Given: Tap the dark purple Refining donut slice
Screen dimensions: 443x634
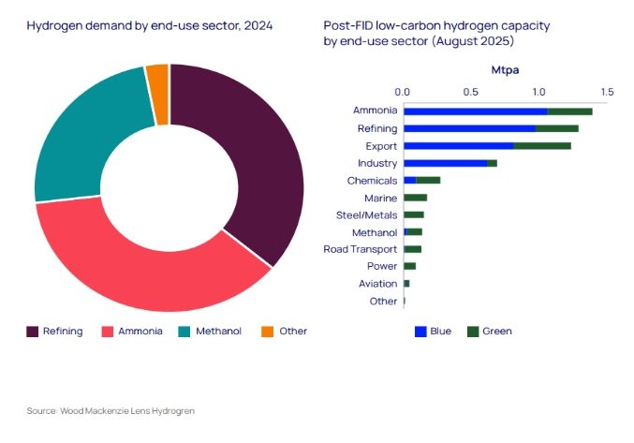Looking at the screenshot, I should pyautogui.click(x=253, y=159).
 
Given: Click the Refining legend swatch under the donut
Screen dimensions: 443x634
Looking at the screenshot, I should pyautogui.click(x=32, y=331).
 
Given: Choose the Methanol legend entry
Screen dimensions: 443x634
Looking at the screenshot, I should pyautogui.click(x=217, y=331).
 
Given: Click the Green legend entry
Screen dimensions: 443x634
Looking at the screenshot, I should pyautogui.click(x=496, y=331).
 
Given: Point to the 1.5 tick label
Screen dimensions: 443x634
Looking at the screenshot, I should pyautogui.click(x=607, y=92).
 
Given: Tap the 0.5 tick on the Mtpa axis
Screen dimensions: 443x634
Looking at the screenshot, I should pyautogui.click(x=471, y=92).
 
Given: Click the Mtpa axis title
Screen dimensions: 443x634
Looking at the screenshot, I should pyautogui.click(x=506, y=70).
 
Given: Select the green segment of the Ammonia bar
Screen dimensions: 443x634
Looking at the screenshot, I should pyautogui.click(x=569, y=111).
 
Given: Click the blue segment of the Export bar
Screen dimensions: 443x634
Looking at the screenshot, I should pyautogui.click(x=458, y=146).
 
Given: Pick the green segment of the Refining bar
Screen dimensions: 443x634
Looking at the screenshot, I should pyautogui.click(x=556, y=128).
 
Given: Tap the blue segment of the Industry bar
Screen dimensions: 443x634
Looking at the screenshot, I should pyautogui.click(x=445, y=163).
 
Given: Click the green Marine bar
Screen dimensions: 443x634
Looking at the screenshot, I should pyautogui.click(x=415, y=198).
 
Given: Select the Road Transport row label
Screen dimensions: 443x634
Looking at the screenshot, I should pyautogui.click(x=361, y=249).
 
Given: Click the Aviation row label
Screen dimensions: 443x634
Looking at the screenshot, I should pyautogui.click(x=377, y=283).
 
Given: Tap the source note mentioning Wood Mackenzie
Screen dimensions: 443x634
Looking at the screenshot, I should pyautogui.click(x=110, y=411).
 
